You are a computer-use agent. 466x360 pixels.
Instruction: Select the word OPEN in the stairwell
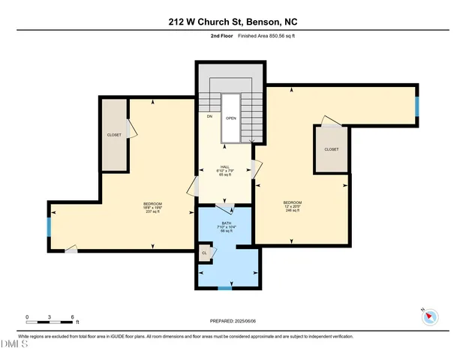pyautogui.click(x=231, y=118)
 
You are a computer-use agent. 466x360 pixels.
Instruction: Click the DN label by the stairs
pyautogui.click(x=209, y=117)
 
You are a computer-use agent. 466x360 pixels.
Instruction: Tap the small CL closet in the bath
pyautogui.click(x=204, y=253)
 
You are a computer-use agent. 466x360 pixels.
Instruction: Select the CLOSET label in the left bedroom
pyautogui.click(x=114, y=135)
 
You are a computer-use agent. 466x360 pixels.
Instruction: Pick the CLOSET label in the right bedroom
pyautogui.click(x=331, y=149)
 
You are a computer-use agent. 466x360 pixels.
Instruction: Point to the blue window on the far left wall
pyautogui.click(x=50, y=226)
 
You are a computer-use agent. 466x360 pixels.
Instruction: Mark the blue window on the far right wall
pyautogui.click(x=416, y=106)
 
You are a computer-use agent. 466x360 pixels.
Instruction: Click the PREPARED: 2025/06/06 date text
pyautogui.click(x=233, y=321)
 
